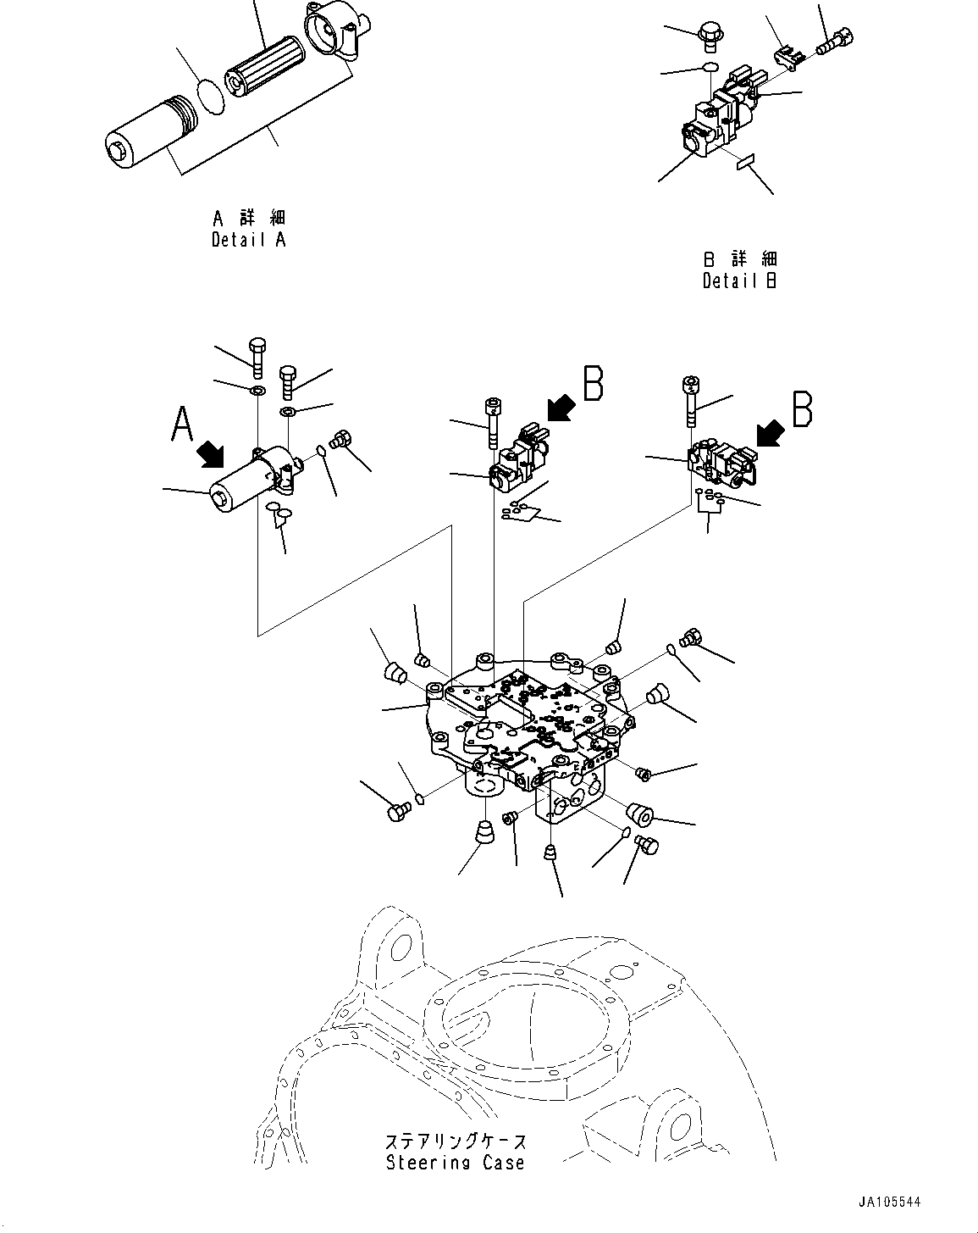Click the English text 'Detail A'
(248, 240)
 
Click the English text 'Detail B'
(739, 280)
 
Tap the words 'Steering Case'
(455, 1163)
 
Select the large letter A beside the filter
(182, 424)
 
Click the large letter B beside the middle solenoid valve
(593, 383)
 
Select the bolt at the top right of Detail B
(834, 41)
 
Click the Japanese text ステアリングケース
(455, 1141)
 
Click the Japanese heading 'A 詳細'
(248, 219)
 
